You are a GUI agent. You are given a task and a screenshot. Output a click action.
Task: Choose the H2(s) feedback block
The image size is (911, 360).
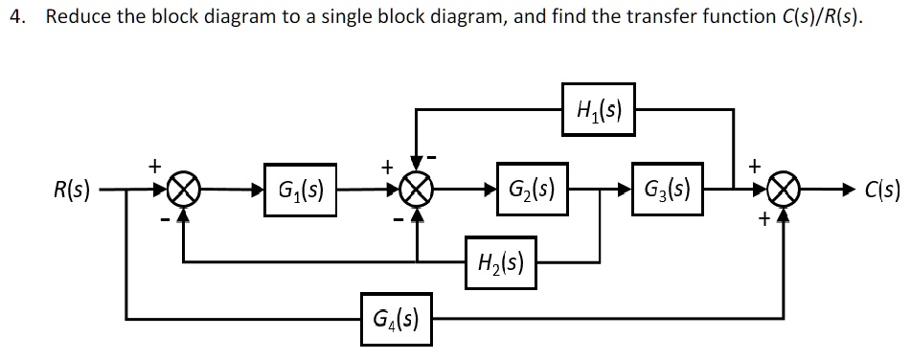pos(501,261)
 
